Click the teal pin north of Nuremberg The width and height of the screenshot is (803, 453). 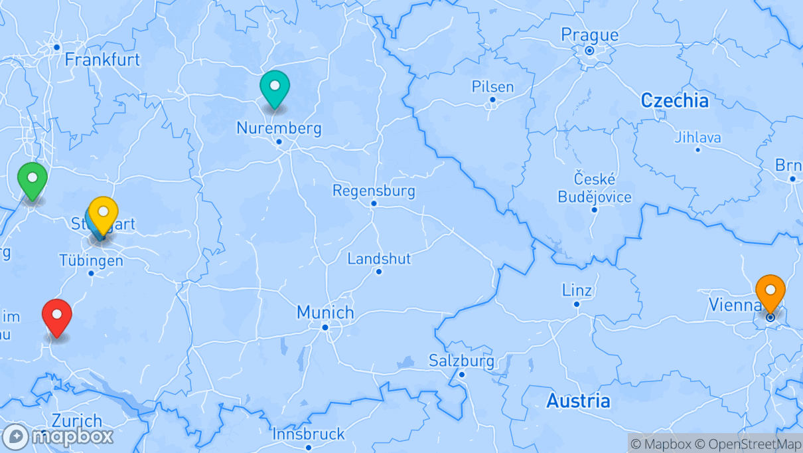(275, 87)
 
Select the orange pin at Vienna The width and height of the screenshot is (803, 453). (770, 292)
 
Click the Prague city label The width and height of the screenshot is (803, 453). (589, 35)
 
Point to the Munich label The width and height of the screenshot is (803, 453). (325, 312)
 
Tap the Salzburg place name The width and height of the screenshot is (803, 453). (461, 361)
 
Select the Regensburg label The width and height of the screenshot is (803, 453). (374, 191)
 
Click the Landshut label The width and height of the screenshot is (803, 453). (379, 258)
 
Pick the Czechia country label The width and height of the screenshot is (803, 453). (674, 100)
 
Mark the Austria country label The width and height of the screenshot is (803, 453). (578, 401)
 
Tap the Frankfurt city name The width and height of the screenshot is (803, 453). (102, 60)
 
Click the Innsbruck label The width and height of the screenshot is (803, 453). (309, 434)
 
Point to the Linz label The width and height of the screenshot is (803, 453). (576, 290)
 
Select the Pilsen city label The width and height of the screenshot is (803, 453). (492, 86)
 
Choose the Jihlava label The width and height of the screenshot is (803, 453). (697, 137)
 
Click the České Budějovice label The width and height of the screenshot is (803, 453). (595, 188)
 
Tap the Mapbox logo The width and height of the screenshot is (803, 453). (58, 436)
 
